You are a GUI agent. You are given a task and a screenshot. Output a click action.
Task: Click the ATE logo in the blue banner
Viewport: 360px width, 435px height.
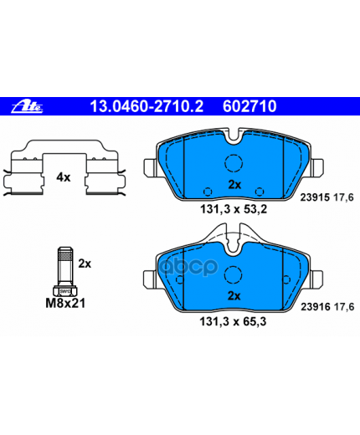[x=27, y=106]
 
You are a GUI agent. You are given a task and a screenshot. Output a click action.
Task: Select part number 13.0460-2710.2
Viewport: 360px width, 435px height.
[x=147, y=106]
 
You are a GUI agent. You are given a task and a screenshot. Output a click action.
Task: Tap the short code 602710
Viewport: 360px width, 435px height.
[x=249, y=106]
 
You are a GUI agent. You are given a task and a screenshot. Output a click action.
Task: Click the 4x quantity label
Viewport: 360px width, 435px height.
[x=64, y=177]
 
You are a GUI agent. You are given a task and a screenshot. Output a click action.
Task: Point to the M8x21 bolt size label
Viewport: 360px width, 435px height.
[x=65, y=303]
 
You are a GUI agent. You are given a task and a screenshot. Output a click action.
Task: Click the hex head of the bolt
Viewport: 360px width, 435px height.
[x=65, y=291]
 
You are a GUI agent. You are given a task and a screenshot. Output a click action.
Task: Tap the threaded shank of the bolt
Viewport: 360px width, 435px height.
[x=65, y=266]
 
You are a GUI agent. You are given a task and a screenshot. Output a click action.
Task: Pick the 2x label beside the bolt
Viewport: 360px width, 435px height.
[x=85, y=264]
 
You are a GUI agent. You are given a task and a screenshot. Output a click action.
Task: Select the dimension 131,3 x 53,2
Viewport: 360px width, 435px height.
[x=234, y=209]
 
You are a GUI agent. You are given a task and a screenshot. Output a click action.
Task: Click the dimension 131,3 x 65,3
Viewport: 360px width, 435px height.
[x=233, y=321]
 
